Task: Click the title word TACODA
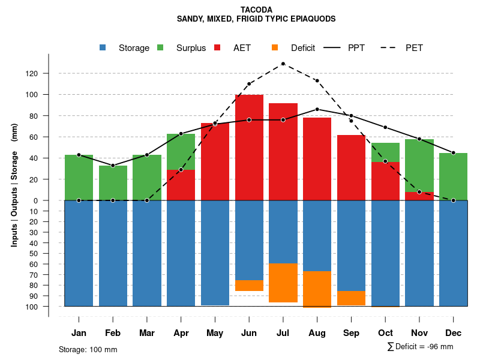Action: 256,10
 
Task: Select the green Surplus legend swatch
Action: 160,47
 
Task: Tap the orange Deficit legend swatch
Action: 275,47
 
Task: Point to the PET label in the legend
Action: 414,48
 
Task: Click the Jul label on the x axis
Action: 283,333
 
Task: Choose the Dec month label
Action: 454,333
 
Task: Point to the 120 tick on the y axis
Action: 48,73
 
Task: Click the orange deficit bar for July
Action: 283,283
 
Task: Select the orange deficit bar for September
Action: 352,298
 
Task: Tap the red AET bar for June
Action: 249,147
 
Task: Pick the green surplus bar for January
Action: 79,178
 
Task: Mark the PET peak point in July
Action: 283,64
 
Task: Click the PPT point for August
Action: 317,109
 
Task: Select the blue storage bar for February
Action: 113,253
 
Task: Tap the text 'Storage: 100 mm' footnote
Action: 88,349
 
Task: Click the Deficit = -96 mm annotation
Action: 420,347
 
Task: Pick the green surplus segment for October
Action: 386,152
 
